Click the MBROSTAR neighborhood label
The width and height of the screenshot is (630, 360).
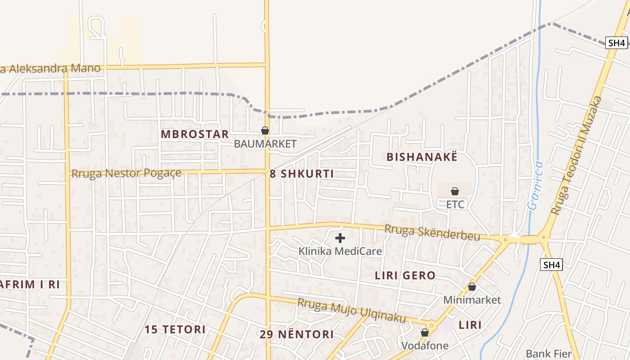pos(195,134)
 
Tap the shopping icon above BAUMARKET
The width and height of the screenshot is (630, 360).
pos(265,130)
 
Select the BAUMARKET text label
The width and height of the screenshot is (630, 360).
pos(265,144)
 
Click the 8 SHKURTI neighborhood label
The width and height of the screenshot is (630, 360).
pos(302,174)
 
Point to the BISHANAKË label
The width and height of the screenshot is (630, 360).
pos(422,157)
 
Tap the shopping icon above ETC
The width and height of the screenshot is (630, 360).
pos(455,191)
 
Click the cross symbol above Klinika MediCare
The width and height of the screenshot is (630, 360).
pos(340,238)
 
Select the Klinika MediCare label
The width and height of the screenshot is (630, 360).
pos(340,251)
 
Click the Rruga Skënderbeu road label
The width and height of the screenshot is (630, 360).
pos(432,233)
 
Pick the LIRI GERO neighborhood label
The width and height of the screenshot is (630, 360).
pos(405,275)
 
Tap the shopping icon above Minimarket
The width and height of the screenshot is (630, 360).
pos(472,287)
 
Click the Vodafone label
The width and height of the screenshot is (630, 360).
pos(425,346)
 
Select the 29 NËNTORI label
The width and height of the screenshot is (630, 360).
pos(297,334)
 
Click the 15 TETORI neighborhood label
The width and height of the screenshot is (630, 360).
pos(175,329)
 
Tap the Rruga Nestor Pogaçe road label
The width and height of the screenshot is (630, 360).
pos(126,173)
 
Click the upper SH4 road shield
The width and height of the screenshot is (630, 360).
pos(616,43)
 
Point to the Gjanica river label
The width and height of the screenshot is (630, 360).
pos(535,186)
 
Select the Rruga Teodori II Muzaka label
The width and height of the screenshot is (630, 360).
pos(576,155)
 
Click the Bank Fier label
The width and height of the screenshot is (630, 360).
pos(549,353)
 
